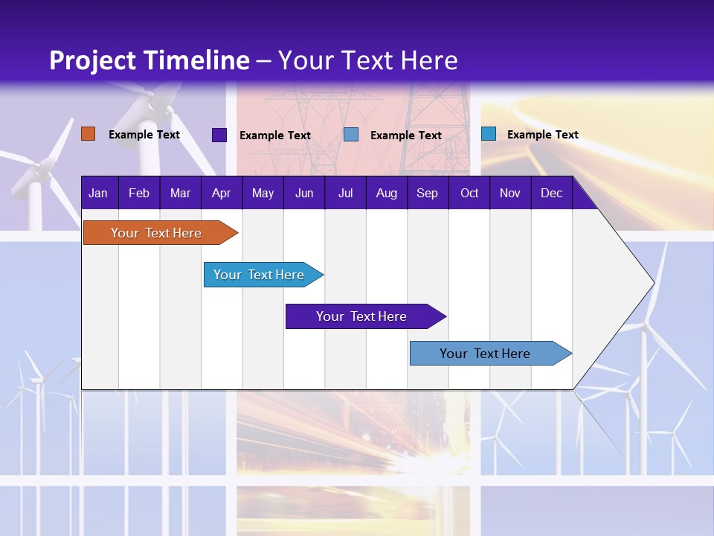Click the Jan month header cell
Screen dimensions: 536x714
point(98,193)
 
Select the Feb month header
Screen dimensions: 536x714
point(139,193)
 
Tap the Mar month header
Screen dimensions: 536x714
point(180,193)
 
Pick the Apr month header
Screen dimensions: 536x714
point(221,193)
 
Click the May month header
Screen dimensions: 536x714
point(263,193)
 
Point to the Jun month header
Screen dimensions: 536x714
point(304,193)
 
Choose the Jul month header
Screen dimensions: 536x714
point(345,193)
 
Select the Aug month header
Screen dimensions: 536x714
point(386,193)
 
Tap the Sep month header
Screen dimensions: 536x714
point(427,193)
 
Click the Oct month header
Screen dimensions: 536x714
point(469,193)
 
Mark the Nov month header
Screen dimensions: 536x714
point(510,193)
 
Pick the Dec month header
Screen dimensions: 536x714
point(551,193)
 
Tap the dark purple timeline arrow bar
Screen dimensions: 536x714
point(362,316)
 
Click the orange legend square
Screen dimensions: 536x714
point(88,134)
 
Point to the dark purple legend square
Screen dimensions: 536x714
point(219,135)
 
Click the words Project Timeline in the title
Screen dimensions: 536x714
point(149,60)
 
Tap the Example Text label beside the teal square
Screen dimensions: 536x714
point(542,135)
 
